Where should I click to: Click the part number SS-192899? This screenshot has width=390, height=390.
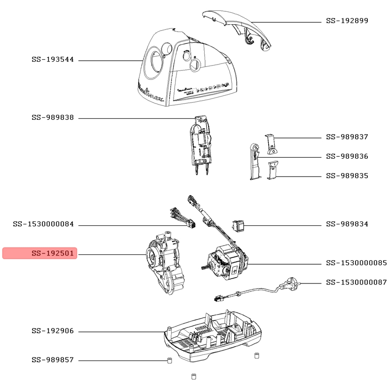pyautogui.click(x=347, y=21)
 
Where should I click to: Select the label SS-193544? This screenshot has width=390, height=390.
pyautogui.click(x=53, y=60)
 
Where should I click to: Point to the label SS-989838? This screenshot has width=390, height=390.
pyautogui.click(x=53, y=118)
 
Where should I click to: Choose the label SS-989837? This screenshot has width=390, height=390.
pyautogui.click(x=347, y=137)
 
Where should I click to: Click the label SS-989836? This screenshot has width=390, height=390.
pyautogui.click(x=347, y=156)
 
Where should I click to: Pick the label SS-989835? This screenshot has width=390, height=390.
pyautogui.click(x=347, y=176)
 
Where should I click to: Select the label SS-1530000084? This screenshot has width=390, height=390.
pyautogui.click(x=43, y=224)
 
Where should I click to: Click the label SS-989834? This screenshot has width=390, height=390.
pyautogui.click(x=347, y=224)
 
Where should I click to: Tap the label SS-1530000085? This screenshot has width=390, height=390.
pyautogui.click(x=356, y=263)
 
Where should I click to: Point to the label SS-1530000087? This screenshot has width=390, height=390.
pyautogui.click(x=356, y=283)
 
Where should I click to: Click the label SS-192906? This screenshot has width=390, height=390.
pyautogui.click(x=53, y=331)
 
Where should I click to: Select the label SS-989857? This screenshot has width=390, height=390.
pyautogui.click(x=53, y=360)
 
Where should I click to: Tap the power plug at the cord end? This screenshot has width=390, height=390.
pyautogui.click(x=290, y=284)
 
